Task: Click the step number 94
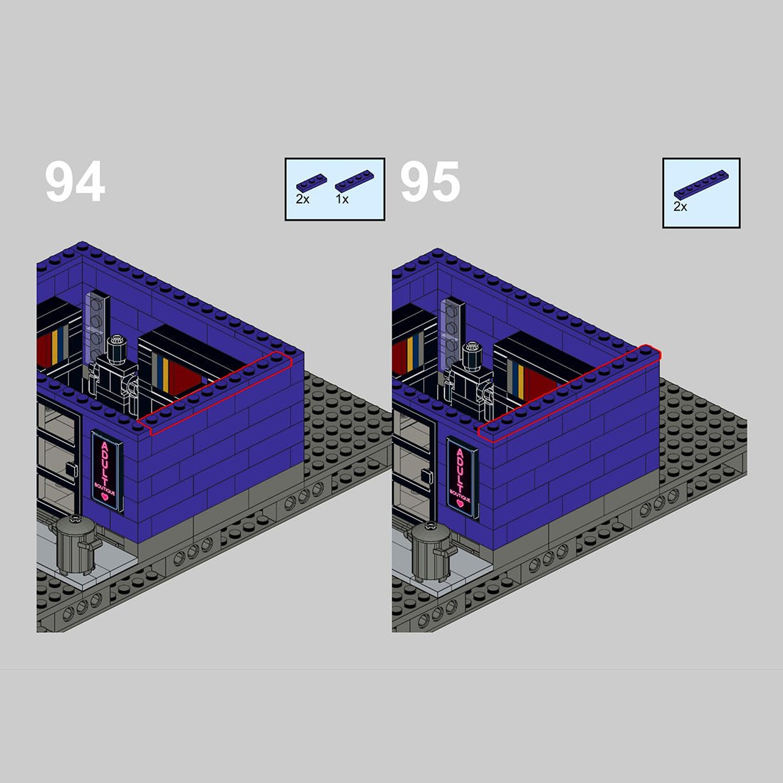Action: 75,181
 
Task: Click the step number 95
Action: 430,181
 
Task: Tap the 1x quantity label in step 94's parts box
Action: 342,199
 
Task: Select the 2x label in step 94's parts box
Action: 303,199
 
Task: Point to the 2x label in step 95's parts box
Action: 680,206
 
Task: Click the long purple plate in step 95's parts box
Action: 701,185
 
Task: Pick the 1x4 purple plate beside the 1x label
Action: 354,181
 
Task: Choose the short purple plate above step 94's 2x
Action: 312,183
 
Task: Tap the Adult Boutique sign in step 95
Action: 463,478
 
